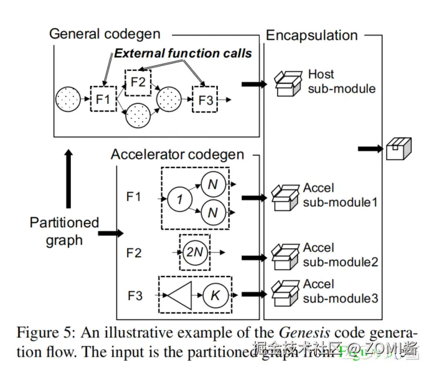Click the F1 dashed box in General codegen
pos(103,98)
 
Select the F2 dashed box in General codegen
pos(138,82)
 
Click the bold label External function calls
pos(182,53)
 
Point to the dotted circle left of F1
pos(67,99)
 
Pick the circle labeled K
pos(215,295)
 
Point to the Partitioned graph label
pos(64,230)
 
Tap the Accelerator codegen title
pos(177,154)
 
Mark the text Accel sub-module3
pos(340,291)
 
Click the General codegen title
pos(105,34)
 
